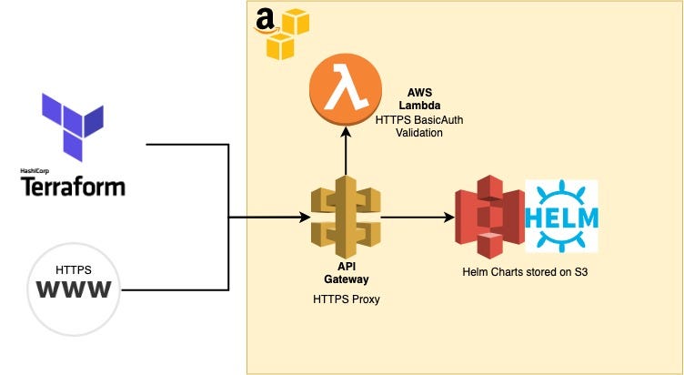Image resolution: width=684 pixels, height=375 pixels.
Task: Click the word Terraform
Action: (73, 187)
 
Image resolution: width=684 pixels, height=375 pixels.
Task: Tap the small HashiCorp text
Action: (34, 170)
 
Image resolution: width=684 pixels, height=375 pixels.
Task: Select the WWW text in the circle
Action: (74, 290)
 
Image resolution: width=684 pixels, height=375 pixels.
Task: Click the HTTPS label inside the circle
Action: (74, 270)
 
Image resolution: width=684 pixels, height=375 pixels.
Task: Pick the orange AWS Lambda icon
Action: (345, 88)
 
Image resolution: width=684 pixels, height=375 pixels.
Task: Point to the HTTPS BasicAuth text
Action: (417, 119)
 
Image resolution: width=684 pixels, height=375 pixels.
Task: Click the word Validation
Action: (417, 133)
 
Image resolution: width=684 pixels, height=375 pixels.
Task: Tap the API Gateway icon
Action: (345, 218)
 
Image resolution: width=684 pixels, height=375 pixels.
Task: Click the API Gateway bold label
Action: (345, 272)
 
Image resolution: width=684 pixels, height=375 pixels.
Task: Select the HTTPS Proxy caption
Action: (345, 299)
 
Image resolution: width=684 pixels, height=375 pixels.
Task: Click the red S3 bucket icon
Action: (489, 217)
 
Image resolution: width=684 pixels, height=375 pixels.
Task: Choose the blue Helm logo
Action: (561, 216)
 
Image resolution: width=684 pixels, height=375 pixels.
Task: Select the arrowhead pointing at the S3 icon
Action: (448, 218)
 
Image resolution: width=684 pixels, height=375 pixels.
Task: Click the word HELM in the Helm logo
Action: (561, 218)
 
